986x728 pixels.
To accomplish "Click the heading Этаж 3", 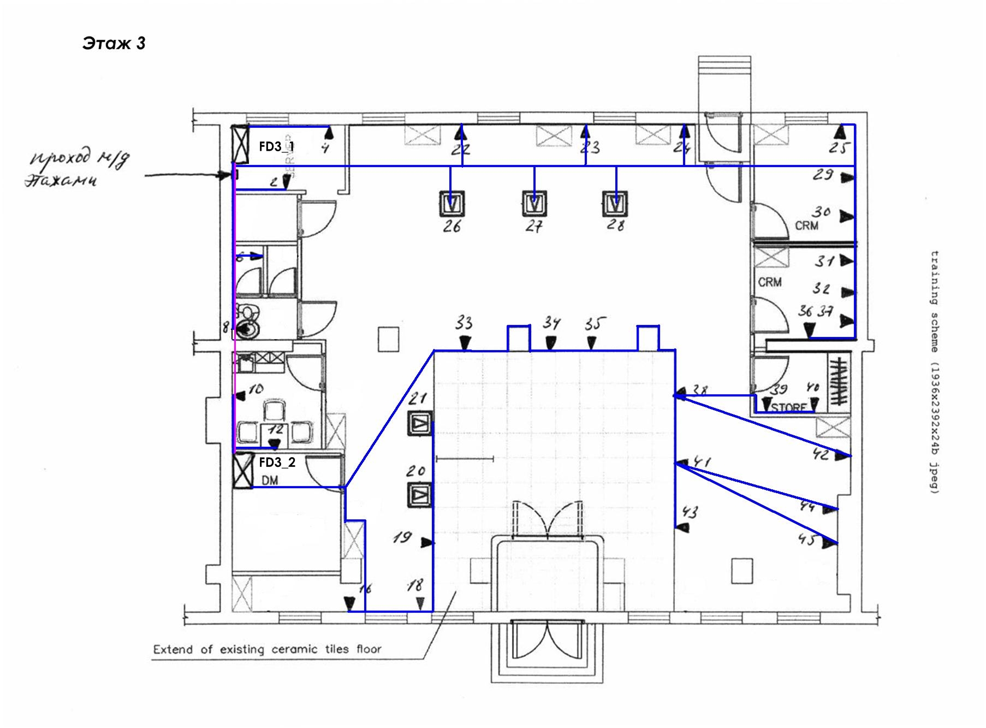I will tap(114, 43).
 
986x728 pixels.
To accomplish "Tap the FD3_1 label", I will tap(276, 146).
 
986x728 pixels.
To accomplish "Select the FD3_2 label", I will tap(277, 463).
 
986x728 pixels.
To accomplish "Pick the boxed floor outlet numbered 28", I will tap(616, 204).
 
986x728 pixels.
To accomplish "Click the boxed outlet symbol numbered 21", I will tap(420, 423).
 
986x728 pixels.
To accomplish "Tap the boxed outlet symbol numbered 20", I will tap(419, 495).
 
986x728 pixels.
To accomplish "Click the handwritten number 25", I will tap(840, 147).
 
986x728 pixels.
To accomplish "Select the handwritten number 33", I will tap(464, 323).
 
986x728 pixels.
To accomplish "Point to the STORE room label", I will tap(789, 407).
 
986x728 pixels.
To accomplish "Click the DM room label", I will tap(270, 481).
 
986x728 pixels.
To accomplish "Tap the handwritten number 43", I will tap(690, 512).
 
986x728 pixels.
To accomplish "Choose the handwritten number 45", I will tap(807, 540).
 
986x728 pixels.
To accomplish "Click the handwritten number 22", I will tap(461, 150).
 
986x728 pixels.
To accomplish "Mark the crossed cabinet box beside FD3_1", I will tap(240, 144).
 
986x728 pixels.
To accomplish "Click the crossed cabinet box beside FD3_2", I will tap(242, 470).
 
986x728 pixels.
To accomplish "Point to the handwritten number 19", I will tap(402, 537).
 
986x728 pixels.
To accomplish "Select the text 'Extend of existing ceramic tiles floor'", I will tap(267, 649).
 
